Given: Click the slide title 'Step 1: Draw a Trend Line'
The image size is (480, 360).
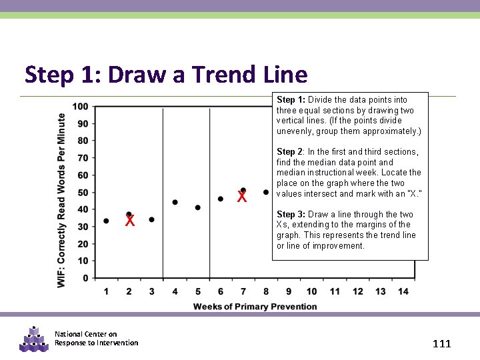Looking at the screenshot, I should point(166,75).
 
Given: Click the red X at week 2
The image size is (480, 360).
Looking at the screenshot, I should point(130,221).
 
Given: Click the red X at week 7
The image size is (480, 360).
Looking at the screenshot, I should point(242,197).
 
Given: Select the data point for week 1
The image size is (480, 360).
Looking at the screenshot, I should point(107,221).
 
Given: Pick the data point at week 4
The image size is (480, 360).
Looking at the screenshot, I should point(175,202).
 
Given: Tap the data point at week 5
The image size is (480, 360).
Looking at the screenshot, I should point(198,207).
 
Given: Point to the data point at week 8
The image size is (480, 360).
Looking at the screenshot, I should point(266,192).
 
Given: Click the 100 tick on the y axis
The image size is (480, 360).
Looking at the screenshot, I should point(80,107).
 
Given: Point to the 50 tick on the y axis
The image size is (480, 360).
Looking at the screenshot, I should point(83,193).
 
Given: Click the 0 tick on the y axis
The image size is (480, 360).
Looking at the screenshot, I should point(85,278).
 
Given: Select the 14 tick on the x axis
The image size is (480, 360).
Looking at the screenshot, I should point(403,291).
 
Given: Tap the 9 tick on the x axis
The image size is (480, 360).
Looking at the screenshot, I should point(289,291).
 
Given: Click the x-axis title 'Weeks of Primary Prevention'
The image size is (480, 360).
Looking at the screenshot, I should point(255,307).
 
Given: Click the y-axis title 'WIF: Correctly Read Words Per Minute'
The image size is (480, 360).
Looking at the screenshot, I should point(61,200).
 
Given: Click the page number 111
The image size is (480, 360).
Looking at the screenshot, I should point(441,344).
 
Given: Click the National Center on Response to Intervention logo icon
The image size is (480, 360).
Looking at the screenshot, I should point(34,339).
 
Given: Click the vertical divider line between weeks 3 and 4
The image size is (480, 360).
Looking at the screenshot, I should point(163,193).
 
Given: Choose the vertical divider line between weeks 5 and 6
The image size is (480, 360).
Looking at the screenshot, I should point(210,193).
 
